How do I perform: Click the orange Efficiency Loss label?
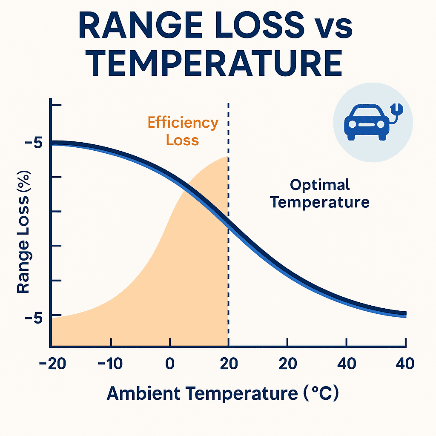click(x=183, y=131)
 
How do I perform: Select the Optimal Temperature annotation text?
click(x=320, y=193)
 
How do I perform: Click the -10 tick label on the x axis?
click(x=111, y=364)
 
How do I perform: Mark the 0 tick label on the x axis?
click(x=170, y=364)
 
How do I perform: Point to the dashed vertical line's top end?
click(x=229, y=104)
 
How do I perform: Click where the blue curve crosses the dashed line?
click(x=229, y=224)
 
